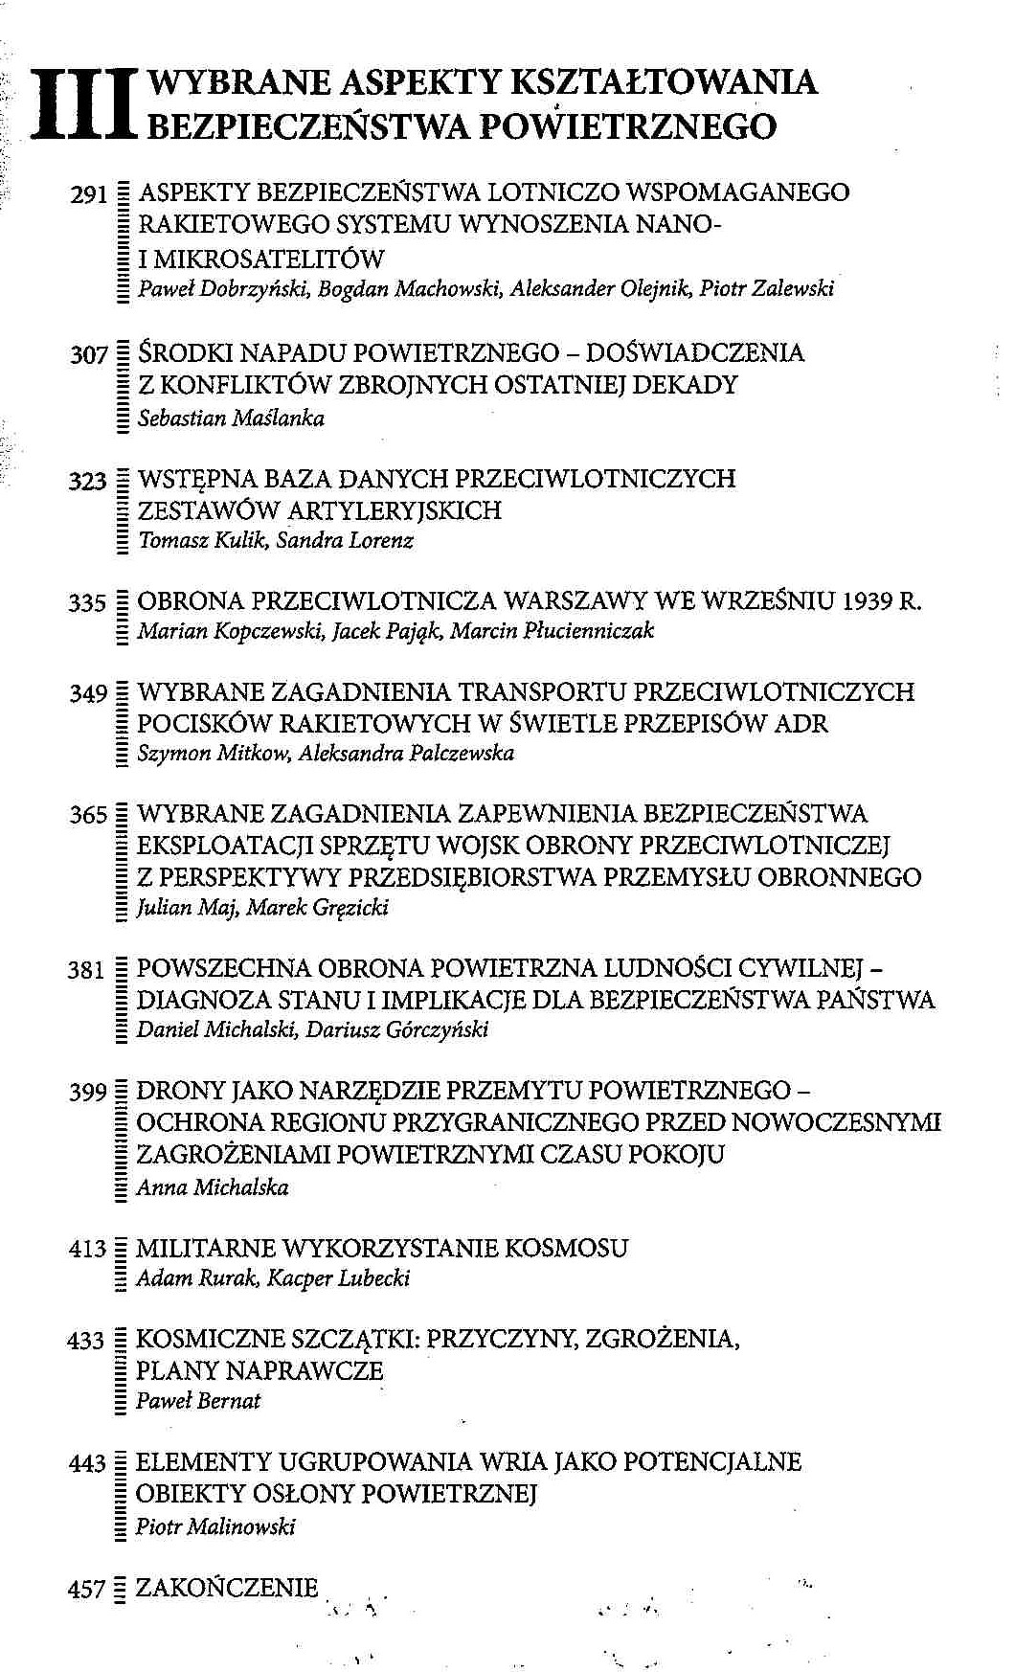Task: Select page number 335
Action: click(x=86, y=603)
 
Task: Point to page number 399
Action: click(x=86, y=1093)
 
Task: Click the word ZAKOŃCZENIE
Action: click(x=226, y=1588)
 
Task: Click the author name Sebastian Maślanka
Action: click(x=231, y=418)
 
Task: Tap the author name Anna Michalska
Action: click(x=212, y=1187)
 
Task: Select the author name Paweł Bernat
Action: click(x=198, y=1401)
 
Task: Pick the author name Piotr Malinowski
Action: click(x=215, y=1526)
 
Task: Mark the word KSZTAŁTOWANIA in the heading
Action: click(x=665, y=81)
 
